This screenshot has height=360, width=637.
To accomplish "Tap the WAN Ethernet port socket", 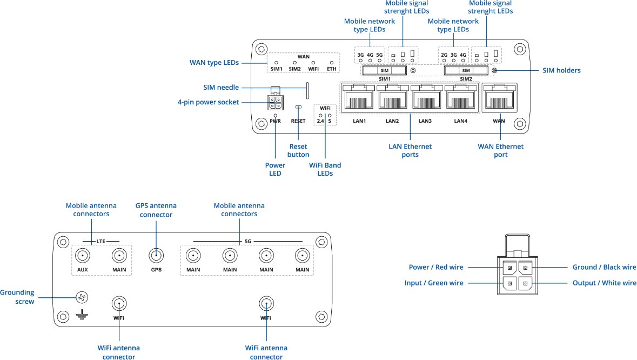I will click(x=499, y=99).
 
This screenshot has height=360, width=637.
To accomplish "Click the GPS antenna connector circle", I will click(x=156, y=256).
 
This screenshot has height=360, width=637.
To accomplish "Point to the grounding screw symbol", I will click(x=82, y=297).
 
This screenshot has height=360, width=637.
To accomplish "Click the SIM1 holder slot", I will click(x=385, y=71).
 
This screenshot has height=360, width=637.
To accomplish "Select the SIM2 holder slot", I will click(x=465, y=71).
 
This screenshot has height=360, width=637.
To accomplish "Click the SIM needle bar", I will click(x=307, y=91).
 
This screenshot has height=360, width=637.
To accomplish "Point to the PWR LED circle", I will click(x=276, y=115).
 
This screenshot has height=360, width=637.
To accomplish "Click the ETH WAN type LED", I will click(x=332, y=63).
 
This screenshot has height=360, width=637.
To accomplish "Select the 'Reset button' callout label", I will click(x=298, y=151).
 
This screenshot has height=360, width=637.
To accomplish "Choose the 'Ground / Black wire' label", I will click(x=604, y=267).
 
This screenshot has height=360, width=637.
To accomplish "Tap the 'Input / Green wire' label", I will click(x=434, y=283).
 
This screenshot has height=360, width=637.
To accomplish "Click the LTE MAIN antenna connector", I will click(x=119, y=256).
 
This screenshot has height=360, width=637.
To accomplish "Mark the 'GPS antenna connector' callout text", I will click(x=156, y=210).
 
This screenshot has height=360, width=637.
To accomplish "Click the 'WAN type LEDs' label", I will click(x=214, y=63).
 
